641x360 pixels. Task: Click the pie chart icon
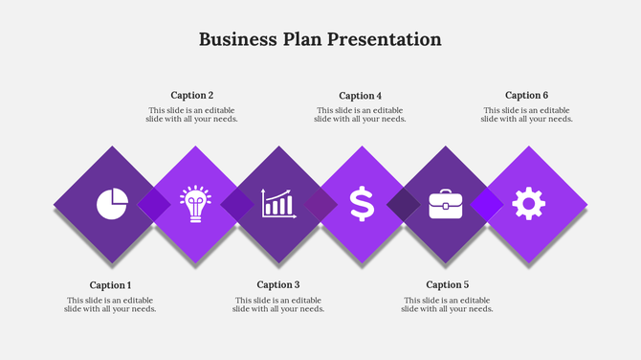tap(112, 204)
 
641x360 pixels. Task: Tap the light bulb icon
tap(195, 204)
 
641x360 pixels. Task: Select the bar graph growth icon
tap(278, 204)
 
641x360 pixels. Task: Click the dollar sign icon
tap(362, 204)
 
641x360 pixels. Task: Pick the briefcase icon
tap(445, 204)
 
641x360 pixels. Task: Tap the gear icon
tap(528, 204)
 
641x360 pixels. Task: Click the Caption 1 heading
tap(110, 285)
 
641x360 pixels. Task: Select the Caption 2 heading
tap(192, 96)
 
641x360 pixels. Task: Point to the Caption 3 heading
tap(278, 285)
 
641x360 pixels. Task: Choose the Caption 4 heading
tap(361, 96)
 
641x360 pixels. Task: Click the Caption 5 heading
tap(447, 285)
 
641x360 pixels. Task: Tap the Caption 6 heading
tap(527, 96)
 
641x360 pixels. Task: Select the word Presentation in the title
tap(385, 39)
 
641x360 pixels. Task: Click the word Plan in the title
tap(303, 39)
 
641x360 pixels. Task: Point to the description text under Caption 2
tap(192, 115)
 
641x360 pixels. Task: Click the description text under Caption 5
tap(447, 304)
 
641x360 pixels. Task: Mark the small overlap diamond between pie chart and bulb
tap(154, 204)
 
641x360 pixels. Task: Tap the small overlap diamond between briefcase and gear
tap(486, 204)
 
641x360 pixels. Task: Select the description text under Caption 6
tap(527, 115)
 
